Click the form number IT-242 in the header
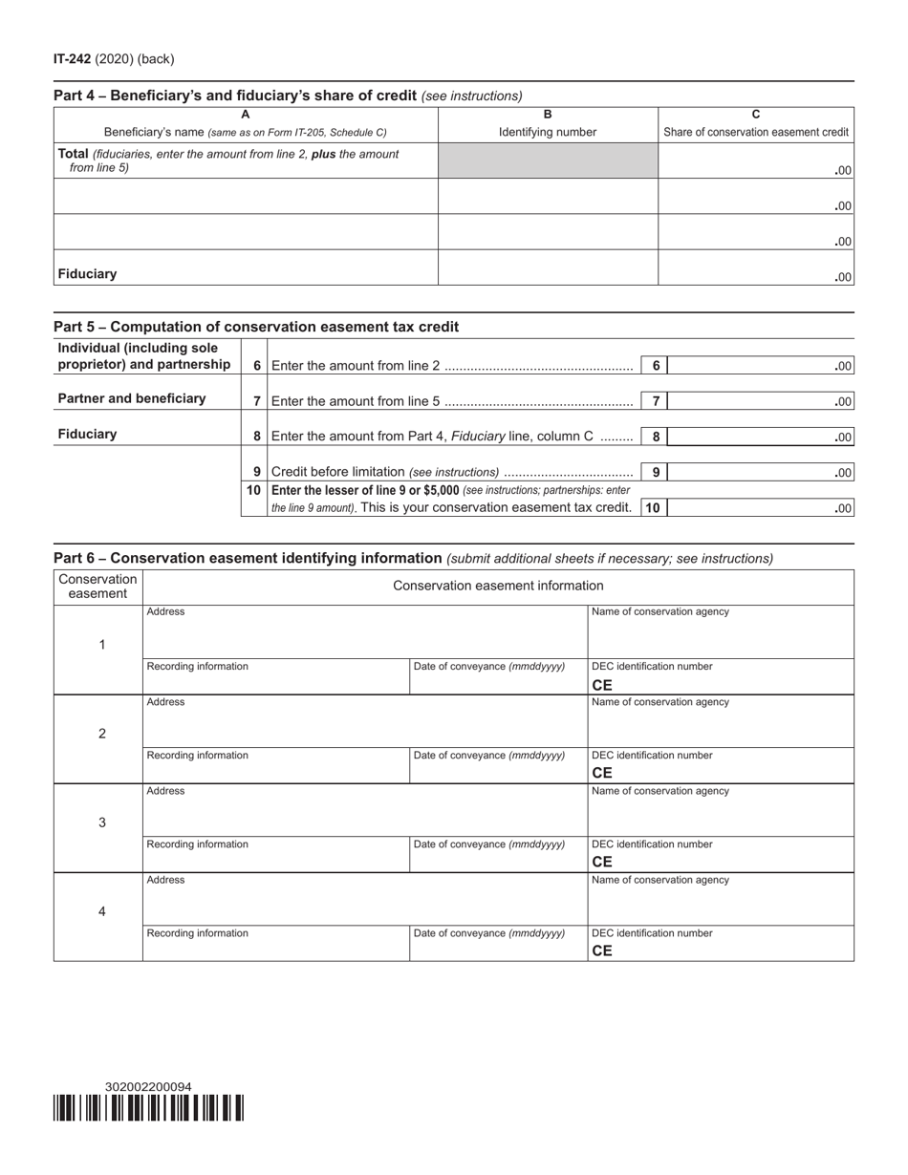pos(73,59)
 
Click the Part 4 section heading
pos(234,96)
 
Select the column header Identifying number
pos(548,133)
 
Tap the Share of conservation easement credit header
pos(756,133)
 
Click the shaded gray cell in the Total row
pos(548,160)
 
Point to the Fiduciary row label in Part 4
pos(88,274)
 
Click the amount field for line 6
pos(760,366)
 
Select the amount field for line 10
pos(760,508)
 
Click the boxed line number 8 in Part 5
pos(656,438)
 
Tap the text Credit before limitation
pos(337,472)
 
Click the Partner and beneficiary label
pos(132,398)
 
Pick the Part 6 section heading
pos(248,558)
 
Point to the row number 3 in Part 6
pos(102,822)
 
